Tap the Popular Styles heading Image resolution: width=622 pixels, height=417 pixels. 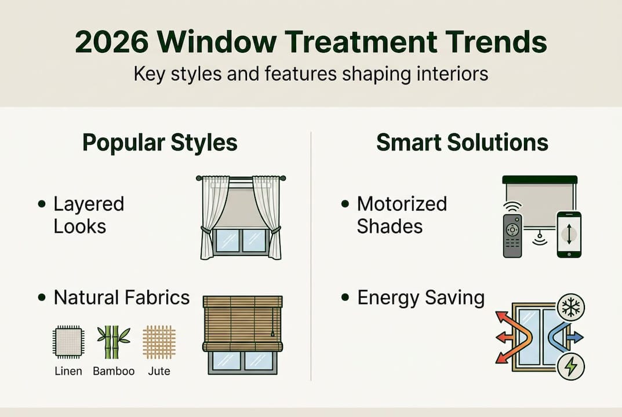pyautogui.click(x=159, y=142)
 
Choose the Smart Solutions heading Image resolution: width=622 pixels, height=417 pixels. pyautogui.click(x=462, y=142)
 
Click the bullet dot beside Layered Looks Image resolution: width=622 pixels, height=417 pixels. pyautogui.click(x=41, y=204)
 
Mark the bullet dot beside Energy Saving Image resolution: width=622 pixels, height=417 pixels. pyautogui.click(x=345, y=298)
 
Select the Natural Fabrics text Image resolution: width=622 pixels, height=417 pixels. pyautogui.click(x=122, y=298)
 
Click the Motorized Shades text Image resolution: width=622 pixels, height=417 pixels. pyautogui.click(x=402, y=215)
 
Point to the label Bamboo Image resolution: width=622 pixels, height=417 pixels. pyautogui.click(x=114, y=371)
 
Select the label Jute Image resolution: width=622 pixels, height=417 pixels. pyautogui.click(x=159, y=371)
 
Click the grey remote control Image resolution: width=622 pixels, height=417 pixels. pyautogui.click(x=512, y=235)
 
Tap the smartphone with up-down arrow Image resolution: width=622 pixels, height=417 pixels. pyautogui.click(x=569, y=234)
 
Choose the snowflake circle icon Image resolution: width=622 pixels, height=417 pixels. pyautogui.click(x=572, y=308)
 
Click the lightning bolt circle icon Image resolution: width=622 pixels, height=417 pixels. pyautogui.click(x=572, y=366)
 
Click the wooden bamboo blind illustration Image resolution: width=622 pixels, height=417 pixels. pyautogui.click(x=242, y=324)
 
